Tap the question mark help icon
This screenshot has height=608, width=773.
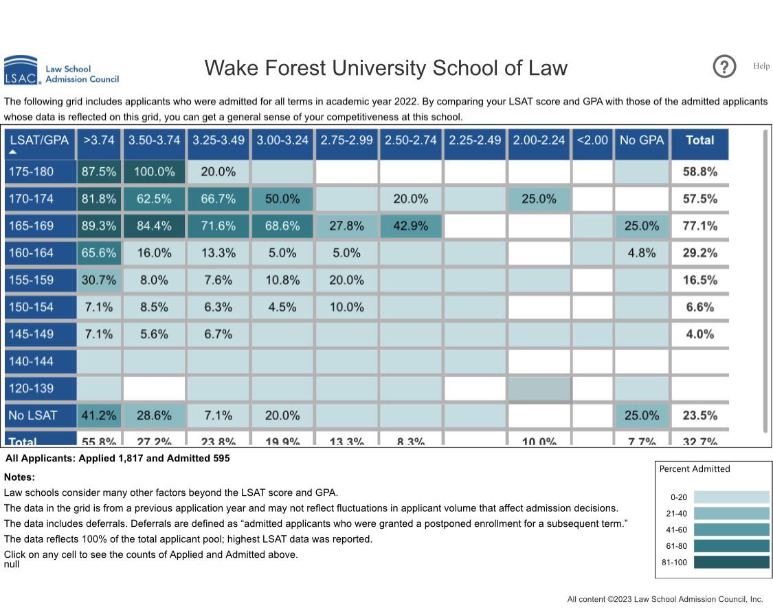click(x=724, y=67)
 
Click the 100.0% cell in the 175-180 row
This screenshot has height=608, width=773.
click(x=154, y=172)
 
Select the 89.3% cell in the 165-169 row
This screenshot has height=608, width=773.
click(x=99, y=226)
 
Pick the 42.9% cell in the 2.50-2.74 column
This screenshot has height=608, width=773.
click(x=411, y=226)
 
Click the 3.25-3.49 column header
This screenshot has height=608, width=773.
click(x=218, y=140)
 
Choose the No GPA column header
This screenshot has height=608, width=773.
click(x=641, y=140)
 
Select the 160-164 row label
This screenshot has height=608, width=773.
click(x=39, y=253)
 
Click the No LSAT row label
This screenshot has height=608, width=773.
click(x=39, y=415)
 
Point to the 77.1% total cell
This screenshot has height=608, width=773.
click(x=699, y=226)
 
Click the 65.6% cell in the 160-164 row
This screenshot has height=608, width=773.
click(x=99, y=253)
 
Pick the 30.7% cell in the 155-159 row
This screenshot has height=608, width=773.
click(x=99, y=280)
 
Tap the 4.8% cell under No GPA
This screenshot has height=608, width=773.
click(x=641, y=253)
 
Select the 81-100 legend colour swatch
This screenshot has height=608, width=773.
click(x=731, y=562)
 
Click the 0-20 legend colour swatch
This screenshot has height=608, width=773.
click(x=731, y=497)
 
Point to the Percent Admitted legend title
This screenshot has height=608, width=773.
click(x=694, y=469)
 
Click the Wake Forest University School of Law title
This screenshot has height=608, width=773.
click(x=385, y=68)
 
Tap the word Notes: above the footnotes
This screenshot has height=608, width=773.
click(x=19, y=477)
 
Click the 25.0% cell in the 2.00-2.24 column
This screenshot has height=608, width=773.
click(x=539, y=199)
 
